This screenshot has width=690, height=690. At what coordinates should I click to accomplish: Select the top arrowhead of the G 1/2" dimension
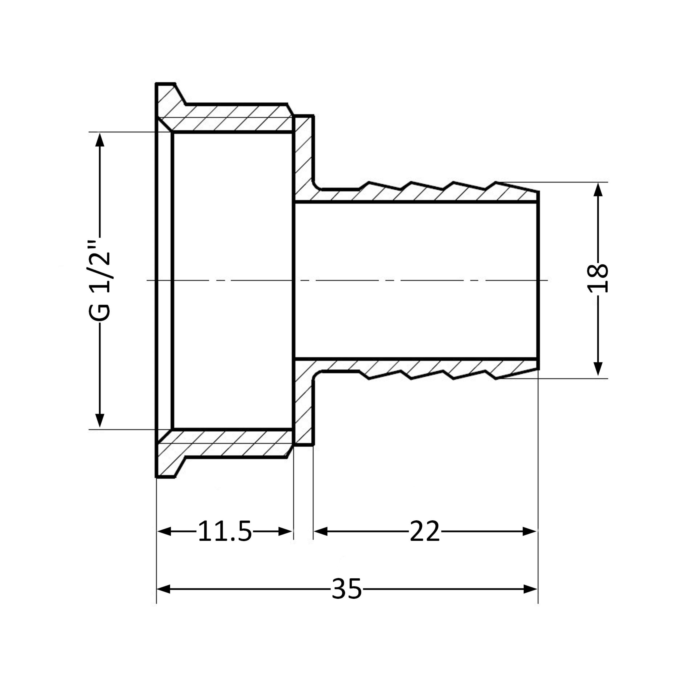[x=100, y=140]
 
